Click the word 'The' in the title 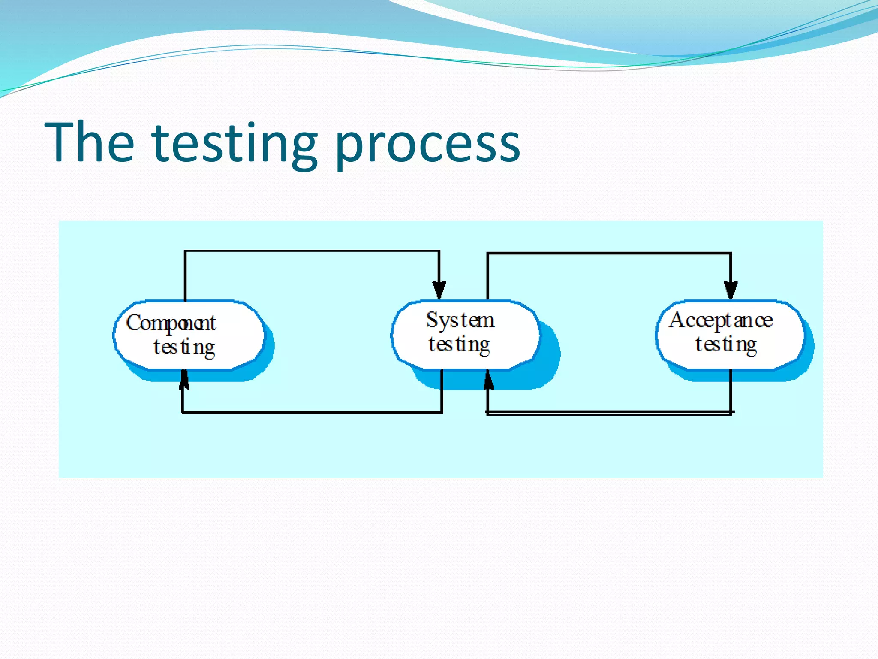(89, 142)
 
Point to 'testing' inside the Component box (184, 347)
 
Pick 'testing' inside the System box (459, 345)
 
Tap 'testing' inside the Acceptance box (726, 345)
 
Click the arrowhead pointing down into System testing (439, 290)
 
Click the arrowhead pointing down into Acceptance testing (731, 290)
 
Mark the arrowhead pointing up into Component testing (184, 379)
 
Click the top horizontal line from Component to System (312, 251)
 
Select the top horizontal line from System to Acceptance (609, 254)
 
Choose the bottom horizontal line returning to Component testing (312, 412)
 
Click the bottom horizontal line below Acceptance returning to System (609, 413)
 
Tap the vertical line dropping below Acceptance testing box (731, 390)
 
